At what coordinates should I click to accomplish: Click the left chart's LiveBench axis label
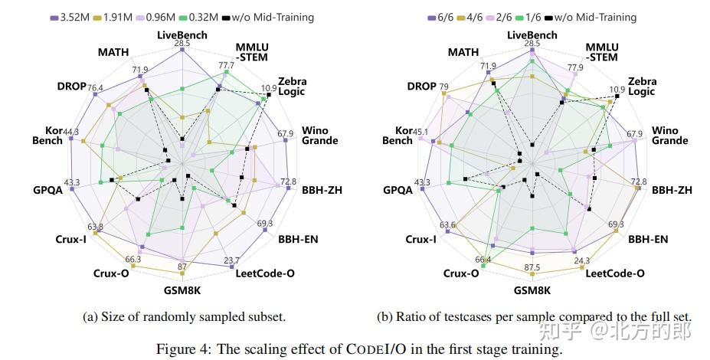pos(182,34)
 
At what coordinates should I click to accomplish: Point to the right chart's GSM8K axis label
pos(532,290)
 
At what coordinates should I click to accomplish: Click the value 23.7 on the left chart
pos(230,260)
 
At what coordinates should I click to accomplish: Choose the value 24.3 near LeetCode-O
pos(581,260)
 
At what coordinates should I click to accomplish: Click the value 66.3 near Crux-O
pos(133,259)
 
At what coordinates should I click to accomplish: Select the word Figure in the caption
pos(177,349)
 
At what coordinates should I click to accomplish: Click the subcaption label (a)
pos(90,316)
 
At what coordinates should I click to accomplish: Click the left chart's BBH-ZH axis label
pos(321,190)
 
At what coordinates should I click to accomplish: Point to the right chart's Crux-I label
pos(421,239)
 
